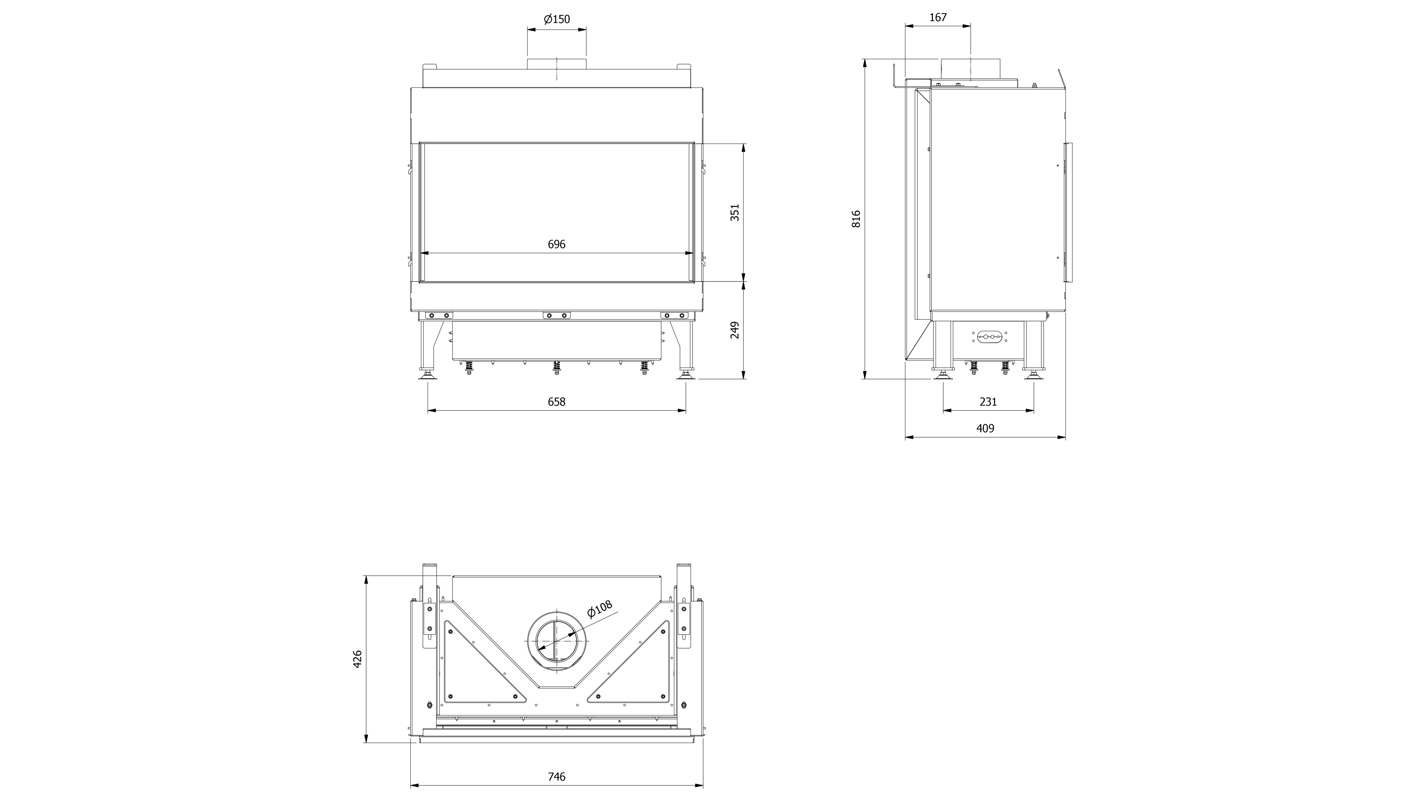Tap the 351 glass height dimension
pos(735,213)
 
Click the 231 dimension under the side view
pos(988,402)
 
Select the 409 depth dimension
pos(985,428)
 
